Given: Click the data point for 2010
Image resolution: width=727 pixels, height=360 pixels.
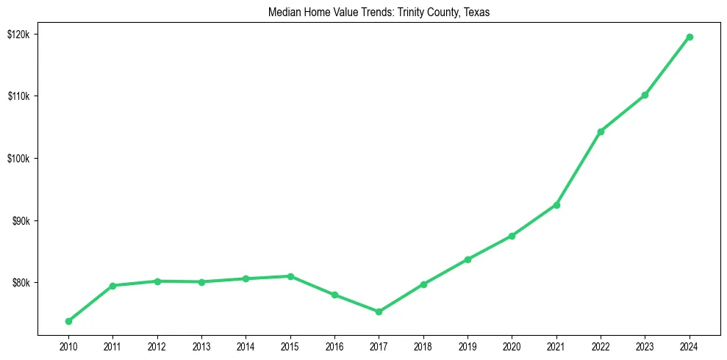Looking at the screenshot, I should (68, 321).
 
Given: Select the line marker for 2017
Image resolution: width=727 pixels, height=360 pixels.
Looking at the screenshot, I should (379, 312).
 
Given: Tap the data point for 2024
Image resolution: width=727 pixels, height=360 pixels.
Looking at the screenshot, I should (690, 37).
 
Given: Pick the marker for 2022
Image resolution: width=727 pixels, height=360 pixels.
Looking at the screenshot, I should (601, 132).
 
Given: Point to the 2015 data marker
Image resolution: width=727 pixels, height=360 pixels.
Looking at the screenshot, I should (290, 276).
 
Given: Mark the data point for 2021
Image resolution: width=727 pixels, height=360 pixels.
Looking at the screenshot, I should (556, 205).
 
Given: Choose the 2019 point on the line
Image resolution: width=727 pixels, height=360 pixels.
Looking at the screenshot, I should (468, 259).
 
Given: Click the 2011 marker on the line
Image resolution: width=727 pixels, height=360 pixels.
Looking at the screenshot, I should (112, 286).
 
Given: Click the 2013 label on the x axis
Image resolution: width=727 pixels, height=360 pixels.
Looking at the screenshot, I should (201, 346).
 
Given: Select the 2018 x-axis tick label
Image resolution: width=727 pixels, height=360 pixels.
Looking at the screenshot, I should (423, 346).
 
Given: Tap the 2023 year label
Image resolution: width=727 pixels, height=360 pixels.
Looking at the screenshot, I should (645, 346).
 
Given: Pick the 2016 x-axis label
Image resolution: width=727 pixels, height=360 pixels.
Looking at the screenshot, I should (334, 346).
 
